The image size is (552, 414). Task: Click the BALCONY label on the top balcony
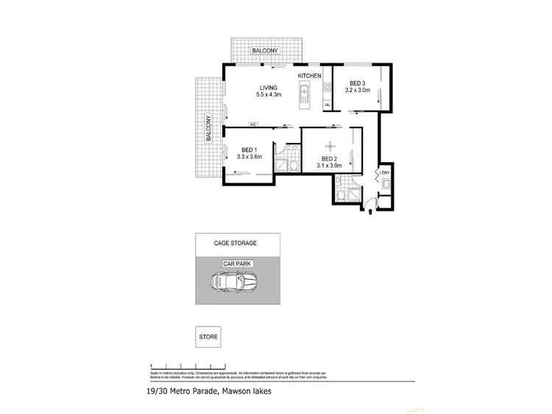tap(266, 51)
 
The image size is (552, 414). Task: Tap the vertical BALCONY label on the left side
tap(208, 127)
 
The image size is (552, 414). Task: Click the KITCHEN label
tap(310, 76)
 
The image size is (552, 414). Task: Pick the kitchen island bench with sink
tap(302, 95)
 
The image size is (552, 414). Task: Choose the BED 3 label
tap(357, 83)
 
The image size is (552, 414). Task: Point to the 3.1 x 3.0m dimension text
tap(329, 166)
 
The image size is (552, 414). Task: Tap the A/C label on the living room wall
tap(254, 124)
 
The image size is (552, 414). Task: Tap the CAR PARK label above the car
tap(238, 262)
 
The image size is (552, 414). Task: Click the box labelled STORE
tap(209, 337)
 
